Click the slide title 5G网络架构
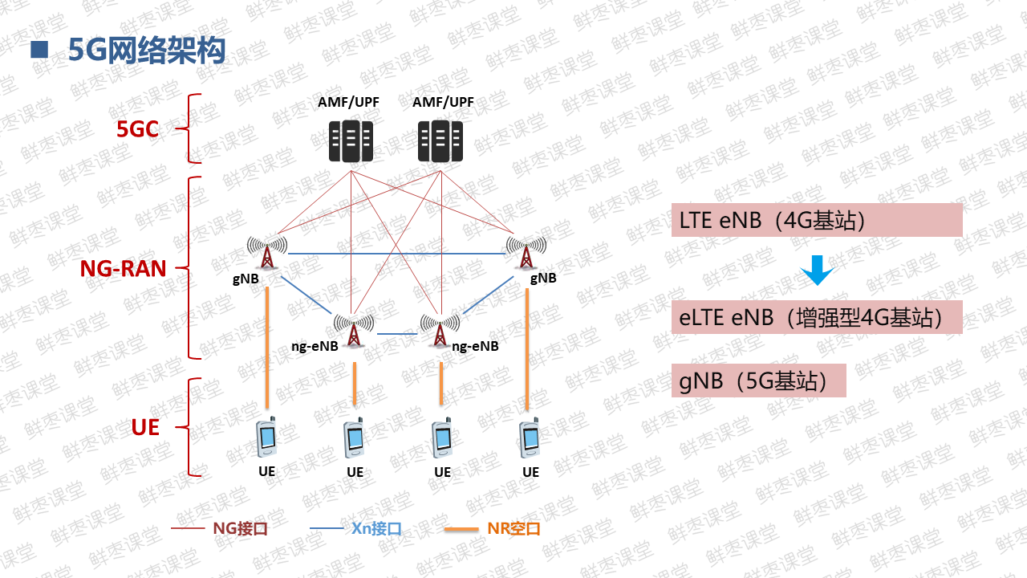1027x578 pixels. pos(147,51)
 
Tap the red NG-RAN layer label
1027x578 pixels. pos(123,268)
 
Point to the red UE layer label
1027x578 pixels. pos(145,428)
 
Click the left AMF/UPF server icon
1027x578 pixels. pos(351,141)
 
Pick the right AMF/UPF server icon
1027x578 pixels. pos(440,141)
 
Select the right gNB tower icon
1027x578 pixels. pos(526,252)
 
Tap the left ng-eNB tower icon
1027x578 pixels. pos(354,329)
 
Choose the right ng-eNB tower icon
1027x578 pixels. pos(440,329)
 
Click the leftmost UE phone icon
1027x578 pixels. pos(266,437)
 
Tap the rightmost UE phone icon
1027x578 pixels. pos(530,437)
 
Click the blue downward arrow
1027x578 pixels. pos(818,271)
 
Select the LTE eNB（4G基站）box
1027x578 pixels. pos(817,220)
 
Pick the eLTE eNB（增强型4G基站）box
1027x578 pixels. pos(817,317)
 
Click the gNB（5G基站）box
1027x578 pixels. pos(759,381)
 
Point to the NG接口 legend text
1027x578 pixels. pos(239,529)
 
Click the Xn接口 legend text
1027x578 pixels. pos(375,529)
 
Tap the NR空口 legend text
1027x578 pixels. pos(513,529)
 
